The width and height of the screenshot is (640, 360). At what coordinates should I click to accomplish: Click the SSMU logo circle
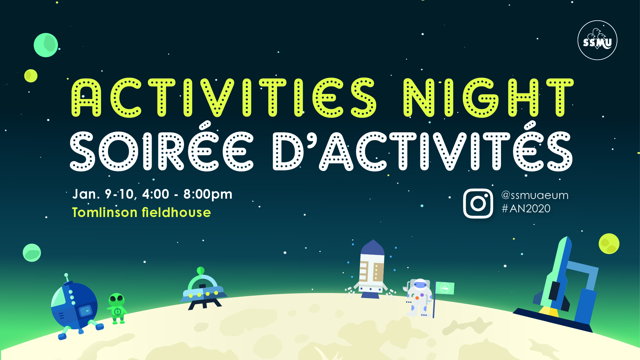click(597, 40)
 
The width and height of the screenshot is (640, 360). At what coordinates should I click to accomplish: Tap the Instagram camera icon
click(478, 204)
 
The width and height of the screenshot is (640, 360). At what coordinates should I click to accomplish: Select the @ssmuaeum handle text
click(535, 195)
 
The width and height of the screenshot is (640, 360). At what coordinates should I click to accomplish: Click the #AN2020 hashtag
click(526, 209)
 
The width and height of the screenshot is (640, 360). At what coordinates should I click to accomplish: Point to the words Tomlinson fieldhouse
click(141, 212)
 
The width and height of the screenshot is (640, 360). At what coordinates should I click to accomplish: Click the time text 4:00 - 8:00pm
click(187, 194)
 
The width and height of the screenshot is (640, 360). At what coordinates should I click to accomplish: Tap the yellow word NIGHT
click(488, 98)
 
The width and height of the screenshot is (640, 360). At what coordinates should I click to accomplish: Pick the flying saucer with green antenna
click(203, 289)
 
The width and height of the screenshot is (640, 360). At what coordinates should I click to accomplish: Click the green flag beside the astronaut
click(445, 288)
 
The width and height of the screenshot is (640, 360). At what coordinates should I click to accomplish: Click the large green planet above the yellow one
click(46, 45)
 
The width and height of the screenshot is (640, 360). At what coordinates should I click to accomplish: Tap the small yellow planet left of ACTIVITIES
click(31, 76)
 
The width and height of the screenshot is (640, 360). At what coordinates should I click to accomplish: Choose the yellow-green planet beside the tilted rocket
click(609, 244)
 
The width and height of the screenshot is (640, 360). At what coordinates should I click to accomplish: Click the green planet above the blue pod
click(32, 253)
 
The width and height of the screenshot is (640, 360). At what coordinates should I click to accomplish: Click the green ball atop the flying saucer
click(201, 270)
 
